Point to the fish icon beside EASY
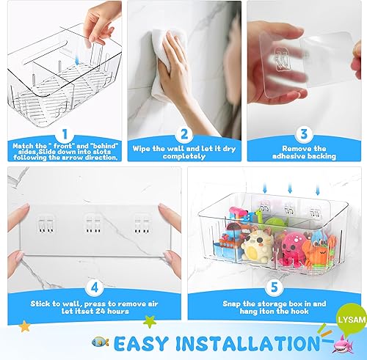point(101,342)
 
